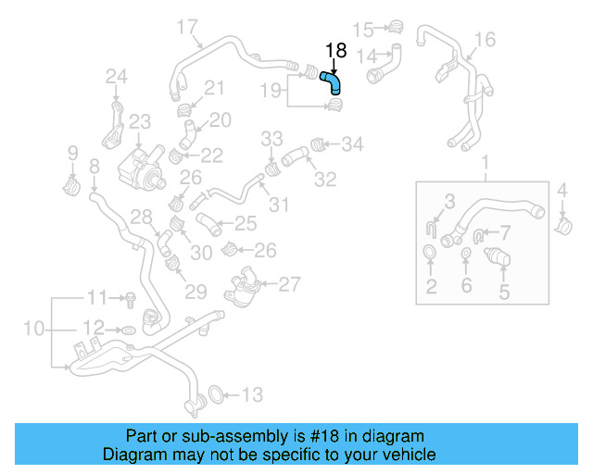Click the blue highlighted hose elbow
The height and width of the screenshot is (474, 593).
click(332, 83)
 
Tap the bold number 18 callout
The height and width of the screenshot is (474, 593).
click(334, 51)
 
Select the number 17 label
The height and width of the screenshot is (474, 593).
click(187, 25)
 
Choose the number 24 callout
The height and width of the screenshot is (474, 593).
click(116, 76)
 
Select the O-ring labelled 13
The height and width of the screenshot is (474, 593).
click(212, 395)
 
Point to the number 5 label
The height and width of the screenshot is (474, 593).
click(505, 293)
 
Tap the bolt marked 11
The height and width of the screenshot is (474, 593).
click(132, 298)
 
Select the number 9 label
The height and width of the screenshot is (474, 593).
click(73, 152)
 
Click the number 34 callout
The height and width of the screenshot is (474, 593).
click(353, 143)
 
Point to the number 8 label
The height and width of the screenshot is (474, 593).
click(94, 168)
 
